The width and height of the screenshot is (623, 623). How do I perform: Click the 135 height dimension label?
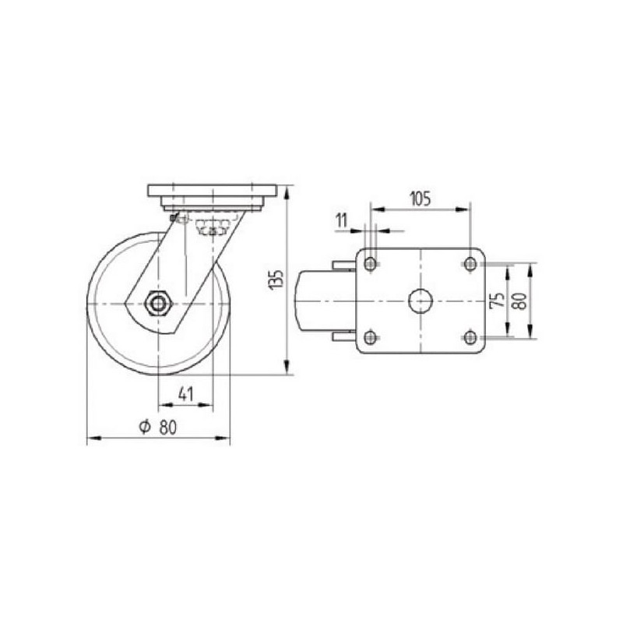tap(277, 279)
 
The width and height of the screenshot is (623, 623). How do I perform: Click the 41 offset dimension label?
tap(185, 394)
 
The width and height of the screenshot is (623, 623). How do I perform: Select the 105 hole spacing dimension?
tap(421, 199)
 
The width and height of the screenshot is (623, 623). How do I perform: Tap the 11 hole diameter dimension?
tap(341, 220)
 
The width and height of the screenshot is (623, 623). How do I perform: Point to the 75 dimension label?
tap(498, 300)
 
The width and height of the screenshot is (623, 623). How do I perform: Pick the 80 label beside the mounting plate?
tap(519, 301)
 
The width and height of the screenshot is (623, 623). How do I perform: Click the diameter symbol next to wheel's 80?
tap(145, 427)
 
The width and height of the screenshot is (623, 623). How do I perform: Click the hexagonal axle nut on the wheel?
tap(158, 304)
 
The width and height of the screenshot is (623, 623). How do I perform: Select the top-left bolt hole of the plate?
tap(371, 263)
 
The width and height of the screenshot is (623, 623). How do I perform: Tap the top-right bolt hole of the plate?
tap(470, 263)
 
